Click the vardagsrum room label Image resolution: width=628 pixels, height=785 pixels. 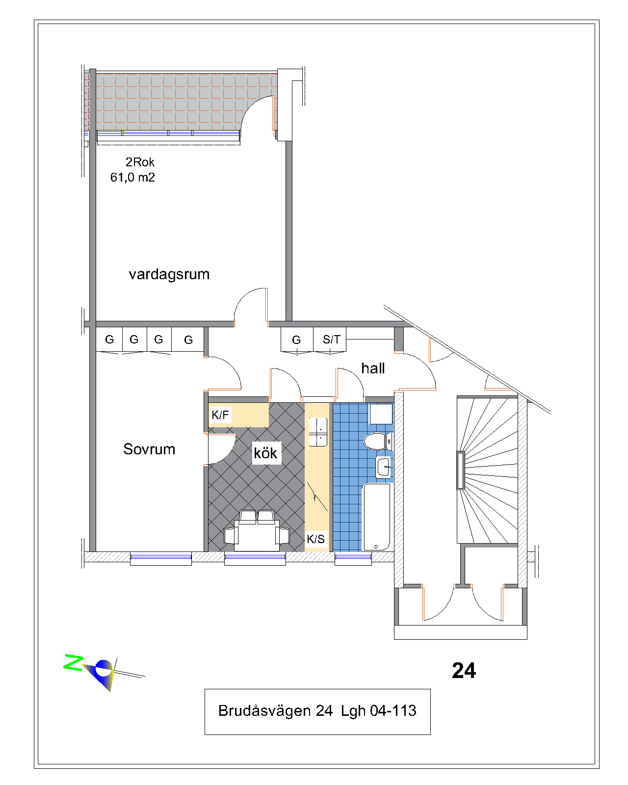pos(169,275)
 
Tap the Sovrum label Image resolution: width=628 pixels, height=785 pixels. pos(149,449)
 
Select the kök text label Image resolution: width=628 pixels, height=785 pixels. pos(265,453)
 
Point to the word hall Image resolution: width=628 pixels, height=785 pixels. pos(373,368)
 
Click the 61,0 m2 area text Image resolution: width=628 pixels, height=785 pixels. pos(133,177)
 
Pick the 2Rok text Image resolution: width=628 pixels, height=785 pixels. pos(140,162)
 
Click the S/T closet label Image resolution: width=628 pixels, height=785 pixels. pos(331,340)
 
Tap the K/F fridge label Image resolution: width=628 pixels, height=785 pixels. pos(220,415)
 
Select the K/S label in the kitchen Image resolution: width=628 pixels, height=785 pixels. pos(315,539)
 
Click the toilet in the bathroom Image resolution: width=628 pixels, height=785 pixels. pos(377,442)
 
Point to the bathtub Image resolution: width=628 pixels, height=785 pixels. pos(376,517)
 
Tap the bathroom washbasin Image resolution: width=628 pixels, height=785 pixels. pos(383,467)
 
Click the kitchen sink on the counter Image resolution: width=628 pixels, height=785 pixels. pos(318,432)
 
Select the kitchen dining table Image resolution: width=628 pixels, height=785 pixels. pos(257,535)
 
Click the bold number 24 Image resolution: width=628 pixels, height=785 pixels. pos(464,671)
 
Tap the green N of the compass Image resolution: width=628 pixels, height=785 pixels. pos(74,662)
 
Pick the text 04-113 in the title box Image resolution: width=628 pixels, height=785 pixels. pos(393,710)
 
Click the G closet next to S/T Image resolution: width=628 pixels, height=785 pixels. pos(296,340)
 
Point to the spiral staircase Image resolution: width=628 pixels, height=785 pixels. pos(487,471)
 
